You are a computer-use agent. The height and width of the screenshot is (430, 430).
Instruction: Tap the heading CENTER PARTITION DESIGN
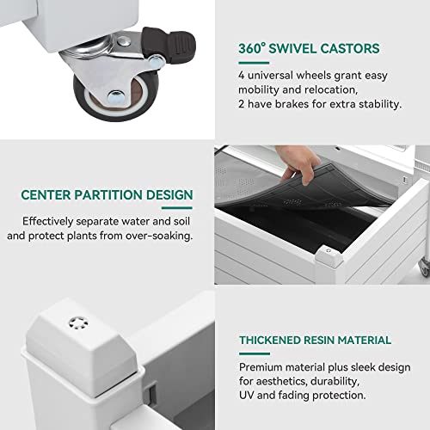coord(107,195)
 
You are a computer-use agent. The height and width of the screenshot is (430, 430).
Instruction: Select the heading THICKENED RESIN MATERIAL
coord(315,340)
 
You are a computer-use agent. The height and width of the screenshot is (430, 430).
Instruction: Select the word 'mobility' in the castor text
coord(261,89)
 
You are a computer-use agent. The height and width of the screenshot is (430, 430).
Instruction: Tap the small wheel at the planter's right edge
coord(425,267)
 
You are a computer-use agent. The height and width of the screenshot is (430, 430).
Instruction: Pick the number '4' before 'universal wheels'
coord(243,73)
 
